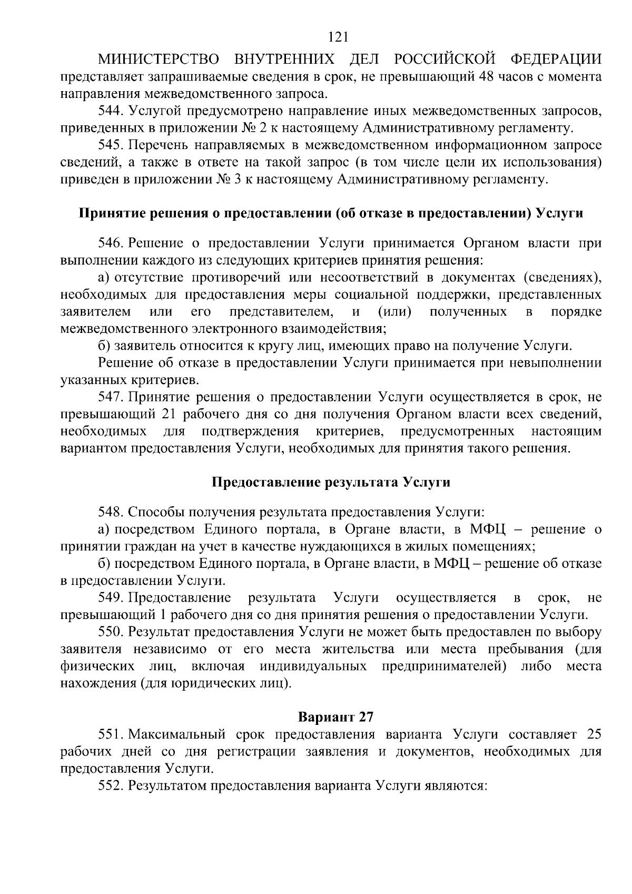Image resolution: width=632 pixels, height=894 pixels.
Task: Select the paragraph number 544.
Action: pyautogui.click(x=110, y=111)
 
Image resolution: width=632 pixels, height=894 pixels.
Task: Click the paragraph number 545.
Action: pyautogui.click(x=110, y=145)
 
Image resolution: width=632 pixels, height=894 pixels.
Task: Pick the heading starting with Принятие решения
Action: pyautogui.click(x=331, y=213)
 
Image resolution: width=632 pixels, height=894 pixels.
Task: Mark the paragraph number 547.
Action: pyautogui.click(x=110, y=397)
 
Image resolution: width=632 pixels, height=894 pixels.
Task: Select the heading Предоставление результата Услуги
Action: pyautogui.click(x=331, y=482)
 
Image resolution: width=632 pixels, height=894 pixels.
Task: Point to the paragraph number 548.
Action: pyautogui.click(x=110, y=512)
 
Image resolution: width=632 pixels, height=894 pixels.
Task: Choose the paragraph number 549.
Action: pyautogui.click(x=110, y=597)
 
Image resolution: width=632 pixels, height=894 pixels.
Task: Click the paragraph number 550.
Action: pyautogui.click(x=110, y=632)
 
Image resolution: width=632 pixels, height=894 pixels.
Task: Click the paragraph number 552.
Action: pyautogui.click(x=110, y=785)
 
